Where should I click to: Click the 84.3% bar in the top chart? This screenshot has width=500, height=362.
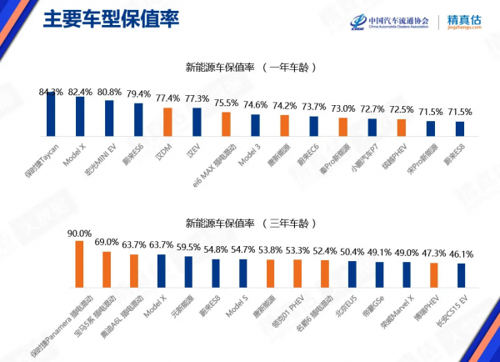(x=51, y=113)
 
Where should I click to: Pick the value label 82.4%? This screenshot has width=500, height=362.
(x=80, y=91)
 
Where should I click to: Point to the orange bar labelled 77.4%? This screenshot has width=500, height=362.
(x=167, y=122)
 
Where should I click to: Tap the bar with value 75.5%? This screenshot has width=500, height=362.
(x=226, y=123)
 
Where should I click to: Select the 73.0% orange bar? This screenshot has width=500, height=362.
(x=342, y=126)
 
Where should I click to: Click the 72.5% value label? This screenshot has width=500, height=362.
(x=401, y=109)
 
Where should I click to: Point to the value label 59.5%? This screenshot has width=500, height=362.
(x=188, y=248)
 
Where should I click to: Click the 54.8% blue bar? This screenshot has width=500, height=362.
(x=215, y=273)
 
